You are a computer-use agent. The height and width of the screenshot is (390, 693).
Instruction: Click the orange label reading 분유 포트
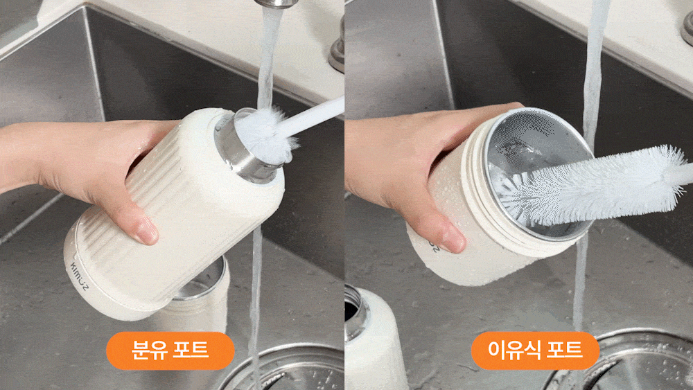pyautogui.click(x=170, y=351)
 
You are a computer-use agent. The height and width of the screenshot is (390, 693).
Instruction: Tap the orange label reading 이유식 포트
pyautogui.click(x=535, y=351)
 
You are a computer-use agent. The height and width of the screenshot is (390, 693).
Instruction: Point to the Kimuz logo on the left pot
pyautogui.click(x=80, y=276)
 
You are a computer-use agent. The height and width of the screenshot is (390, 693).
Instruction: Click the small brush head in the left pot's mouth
pyautogui.click(x=265, y=134)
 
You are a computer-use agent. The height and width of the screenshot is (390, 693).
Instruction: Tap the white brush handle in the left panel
pyautogui.click(x=312, y=116)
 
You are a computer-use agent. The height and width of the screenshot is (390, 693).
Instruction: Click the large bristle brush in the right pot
pyautogui.click(x=593, y=186)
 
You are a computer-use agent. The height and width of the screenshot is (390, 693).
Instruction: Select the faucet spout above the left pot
pyautogui.click(x=277, y=3)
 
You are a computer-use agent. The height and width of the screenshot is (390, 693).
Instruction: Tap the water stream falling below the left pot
pyautogui.click(x=256, y=301)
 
